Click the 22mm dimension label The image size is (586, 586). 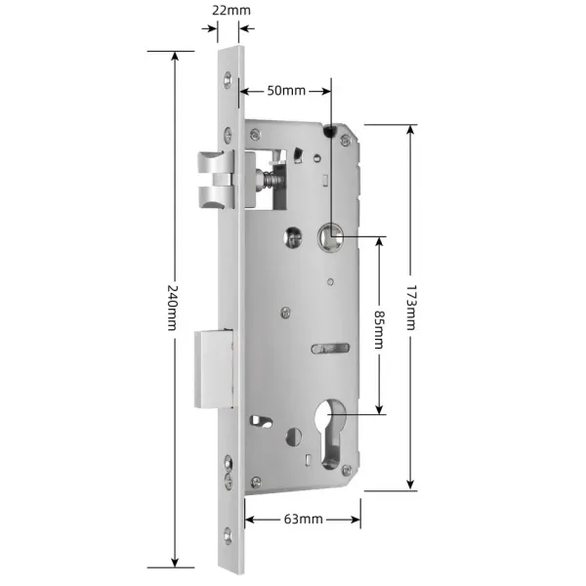click(230, 10)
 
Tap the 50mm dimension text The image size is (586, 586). click(286, 90)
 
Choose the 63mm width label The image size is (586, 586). click(303, 519)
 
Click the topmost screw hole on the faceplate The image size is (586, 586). click(231, 78)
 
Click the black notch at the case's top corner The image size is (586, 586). click(332, 130)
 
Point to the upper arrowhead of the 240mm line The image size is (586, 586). click(175, 55)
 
